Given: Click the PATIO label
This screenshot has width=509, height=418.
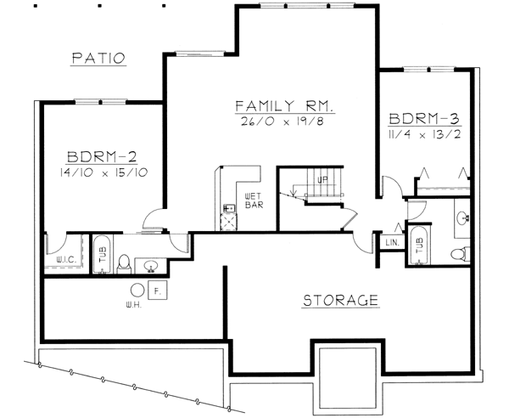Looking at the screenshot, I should [x=98, y=59].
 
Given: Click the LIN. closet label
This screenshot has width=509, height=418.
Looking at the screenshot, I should [x=391, y=243].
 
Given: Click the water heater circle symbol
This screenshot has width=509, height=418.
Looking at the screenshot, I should [x=137, y=289].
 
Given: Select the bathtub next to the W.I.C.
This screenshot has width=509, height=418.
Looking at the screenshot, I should [x=101, y=253].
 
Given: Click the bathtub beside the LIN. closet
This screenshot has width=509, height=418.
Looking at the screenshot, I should [x=417, y=244].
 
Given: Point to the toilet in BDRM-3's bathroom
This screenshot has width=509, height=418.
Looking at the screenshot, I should [x=459, y=252].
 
